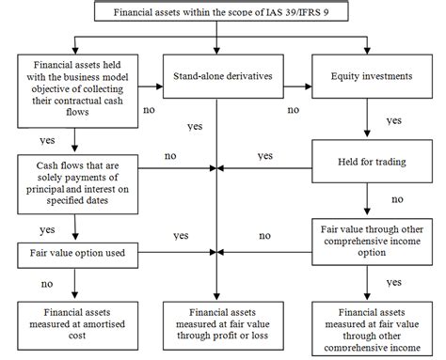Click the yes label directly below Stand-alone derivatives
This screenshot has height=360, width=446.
(195, 126)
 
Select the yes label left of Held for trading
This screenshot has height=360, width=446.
(264, 155)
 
